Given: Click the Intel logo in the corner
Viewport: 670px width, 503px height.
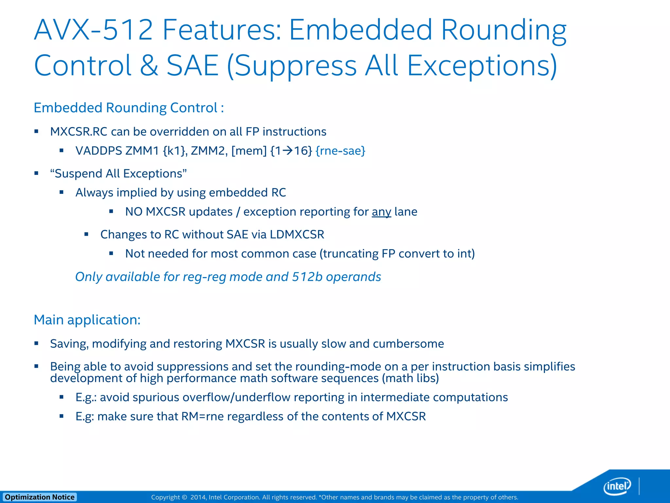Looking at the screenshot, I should pyautogui.click(x=617, y=486).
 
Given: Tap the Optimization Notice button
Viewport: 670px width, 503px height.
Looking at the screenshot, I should pyautogui.click(x=40, y=497).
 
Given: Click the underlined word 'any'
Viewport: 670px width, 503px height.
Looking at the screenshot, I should pyautogui.click(x=381, y=212).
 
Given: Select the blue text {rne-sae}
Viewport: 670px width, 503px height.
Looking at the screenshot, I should pyautogui.click(x=340, y=151).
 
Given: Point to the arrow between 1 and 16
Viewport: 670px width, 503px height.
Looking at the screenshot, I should pyautogui.click(x=288, y=151).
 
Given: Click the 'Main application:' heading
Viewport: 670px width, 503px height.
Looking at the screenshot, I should pyautogui.click(x=87, y=320).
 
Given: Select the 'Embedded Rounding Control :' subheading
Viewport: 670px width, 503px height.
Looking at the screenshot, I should pyautogui.click(x=129, y=108).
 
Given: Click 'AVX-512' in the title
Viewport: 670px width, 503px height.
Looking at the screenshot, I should pyautogui.click(x=93, y=30).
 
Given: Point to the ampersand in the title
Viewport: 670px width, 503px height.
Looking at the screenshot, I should pyautogui.click(x=149, y=65).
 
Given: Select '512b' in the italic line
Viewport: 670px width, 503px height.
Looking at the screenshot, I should pyautogui.click(x=307, y=277).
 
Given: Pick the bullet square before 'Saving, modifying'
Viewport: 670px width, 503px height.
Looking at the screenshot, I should pyautogui.click(x=36, y=343).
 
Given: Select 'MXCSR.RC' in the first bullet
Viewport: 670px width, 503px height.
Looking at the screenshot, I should pyautogui.click(x=79, y=132).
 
